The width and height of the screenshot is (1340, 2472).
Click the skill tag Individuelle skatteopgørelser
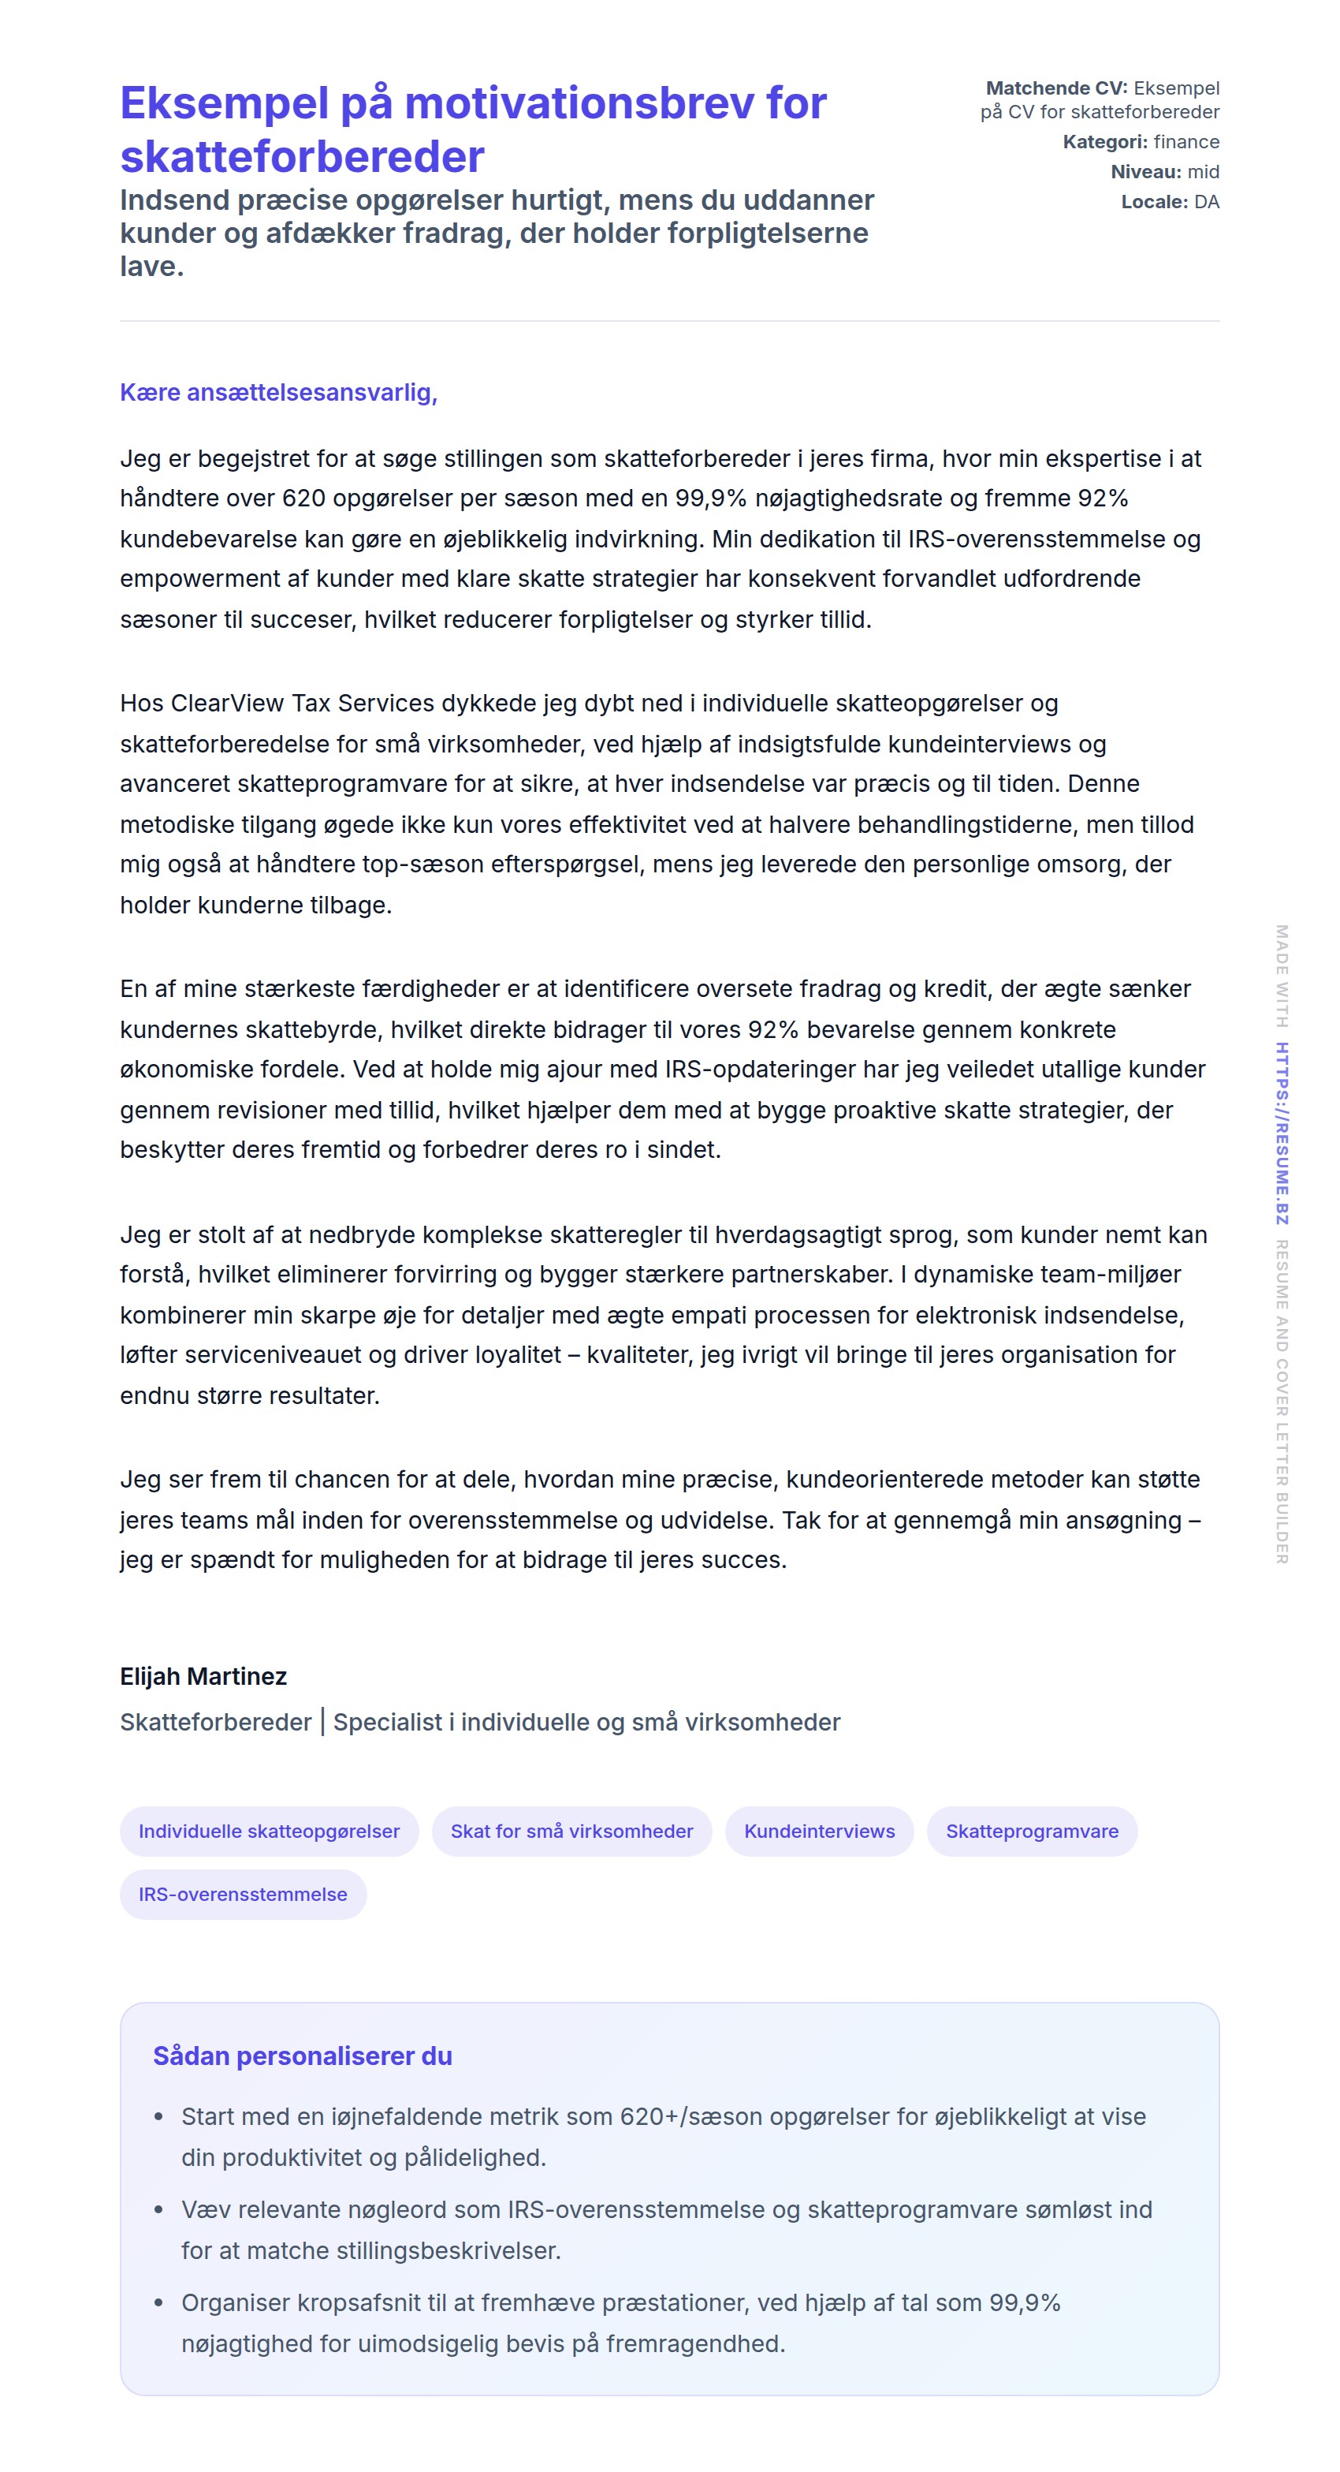pyautogui.click(x=269, y=1831)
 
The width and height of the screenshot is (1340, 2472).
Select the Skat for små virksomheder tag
pyautogui.click(x=571, y=1831)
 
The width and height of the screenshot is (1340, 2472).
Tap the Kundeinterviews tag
pyautogui.click(x=819, y=1831)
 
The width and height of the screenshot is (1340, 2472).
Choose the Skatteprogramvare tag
pyautogui.click(x=1031, y=1831)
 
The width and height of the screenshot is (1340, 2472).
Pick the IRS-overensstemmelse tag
pyautogui.click(x=243, y=1895)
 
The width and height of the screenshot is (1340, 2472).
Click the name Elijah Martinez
pyautogui.click(x=203, y=1676)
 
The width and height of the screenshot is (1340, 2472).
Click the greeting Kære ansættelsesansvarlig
pyautogui.click(x=278, y=393)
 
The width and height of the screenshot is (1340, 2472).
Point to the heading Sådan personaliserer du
pyautogui.click(x=302, y=2056)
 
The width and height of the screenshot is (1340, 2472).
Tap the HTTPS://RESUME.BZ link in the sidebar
pyautogui.click(x=1282, y=1133)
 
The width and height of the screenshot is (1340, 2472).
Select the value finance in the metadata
pyautogui.click(x=1186, y=142)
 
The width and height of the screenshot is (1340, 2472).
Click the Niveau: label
pyautogui.click(x=1145, y=172)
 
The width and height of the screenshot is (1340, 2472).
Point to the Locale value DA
pyautogui.click(x=1207, y=201)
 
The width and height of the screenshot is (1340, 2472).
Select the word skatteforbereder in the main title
pyautogui.click(x=302, y=156)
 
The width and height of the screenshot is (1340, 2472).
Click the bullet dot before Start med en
pyautogui.click(x=159, y=2117)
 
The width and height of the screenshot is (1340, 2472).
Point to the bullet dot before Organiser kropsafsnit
pyautogui.click(x=159, y=2303)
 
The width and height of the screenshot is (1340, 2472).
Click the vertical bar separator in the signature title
pyautogui.click(x=322, y=1722)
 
